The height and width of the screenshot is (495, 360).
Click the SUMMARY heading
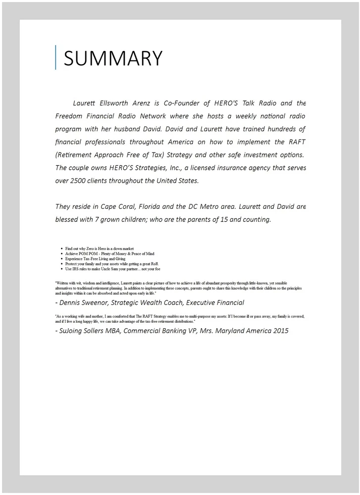click(113, 58)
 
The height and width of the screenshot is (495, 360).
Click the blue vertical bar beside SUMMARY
click(55, 57)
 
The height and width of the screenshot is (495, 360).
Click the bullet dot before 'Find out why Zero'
click(61, 248)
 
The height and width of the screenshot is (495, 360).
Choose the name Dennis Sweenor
click(85, 302)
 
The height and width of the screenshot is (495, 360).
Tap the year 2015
click(279, 331)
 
